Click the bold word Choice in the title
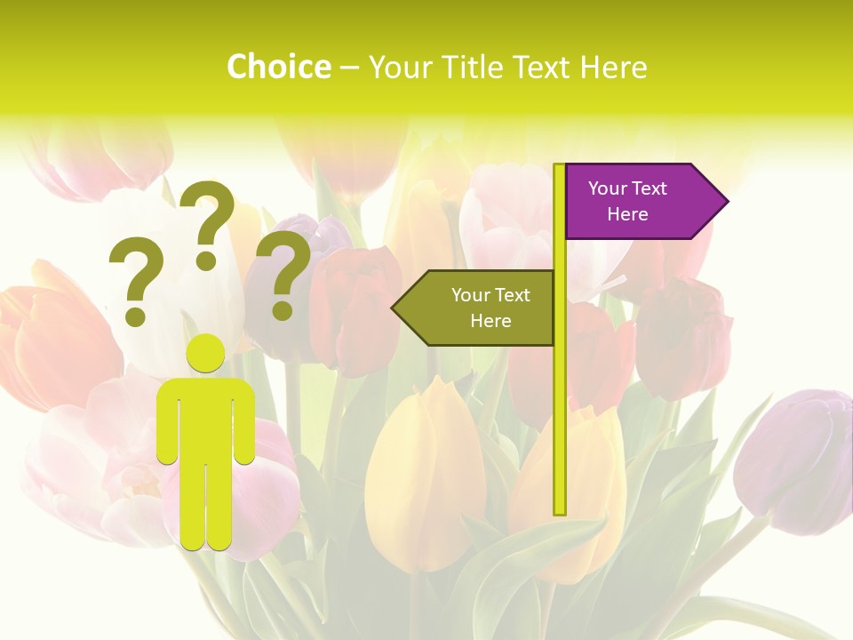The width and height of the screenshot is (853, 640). click(278, 67)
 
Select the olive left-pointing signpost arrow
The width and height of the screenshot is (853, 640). click(480, 308)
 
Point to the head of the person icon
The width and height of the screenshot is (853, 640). click(206, 354)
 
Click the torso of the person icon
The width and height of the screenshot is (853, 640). click(206, 418)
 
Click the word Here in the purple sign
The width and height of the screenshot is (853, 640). click(627, 214)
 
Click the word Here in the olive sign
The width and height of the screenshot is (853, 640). click(490, 321)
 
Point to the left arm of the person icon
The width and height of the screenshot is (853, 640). click(167, 422)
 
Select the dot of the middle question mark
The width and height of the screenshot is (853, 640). click(207, 260)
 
